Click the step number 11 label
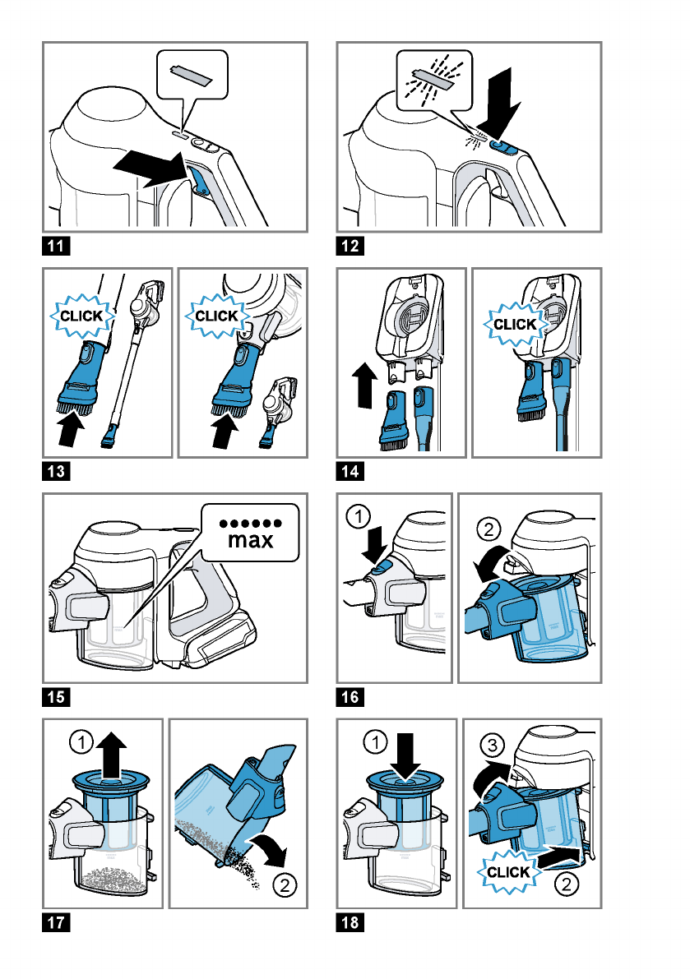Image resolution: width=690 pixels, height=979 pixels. coord(57,246)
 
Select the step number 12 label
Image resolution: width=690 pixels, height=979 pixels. coord(351,246)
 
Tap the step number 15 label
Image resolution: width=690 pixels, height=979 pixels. coord(57,698)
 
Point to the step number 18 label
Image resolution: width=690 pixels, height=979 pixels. coord(351,923)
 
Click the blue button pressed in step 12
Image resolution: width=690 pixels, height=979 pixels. coord(502,146)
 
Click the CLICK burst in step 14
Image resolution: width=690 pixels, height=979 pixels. coord(516,325)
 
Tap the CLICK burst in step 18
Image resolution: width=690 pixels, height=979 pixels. coord(509,872)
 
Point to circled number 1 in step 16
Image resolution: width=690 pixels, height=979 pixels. coord(357,518)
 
